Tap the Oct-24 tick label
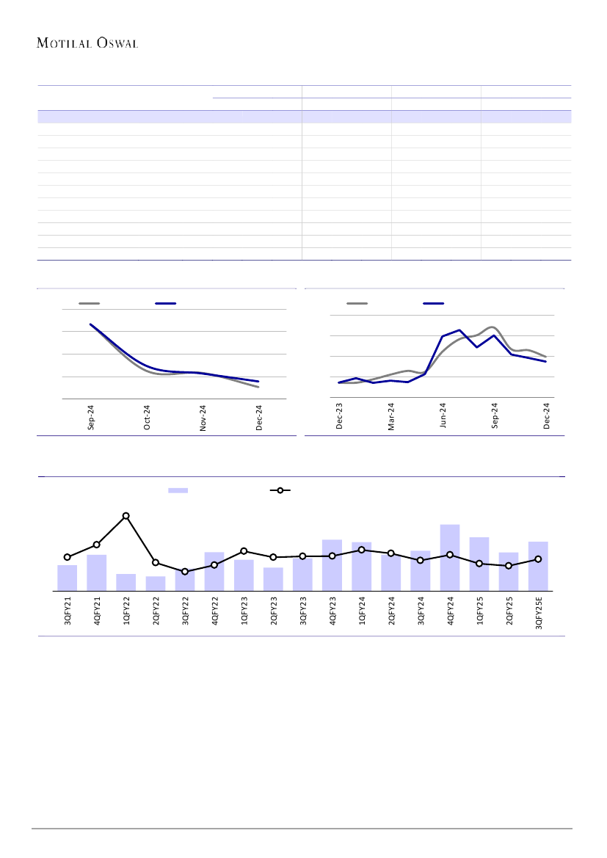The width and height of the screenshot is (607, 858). click(x=148, y=418)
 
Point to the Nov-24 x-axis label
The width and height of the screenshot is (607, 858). click(x=203, y=418)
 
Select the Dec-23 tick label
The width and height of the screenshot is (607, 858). click(x=340, y=415)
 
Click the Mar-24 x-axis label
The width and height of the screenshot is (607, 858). click(x=392, y=416)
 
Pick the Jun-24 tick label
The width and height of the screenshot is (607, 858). click(x=444, y=415)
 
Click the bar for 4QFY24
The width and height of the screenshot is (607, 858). click(x=450, y=558)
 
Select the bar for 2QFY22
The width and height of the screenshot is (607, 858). click(x=156, y=583)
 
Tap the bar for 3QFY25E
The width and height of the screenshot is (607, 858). click(x=538, y=566)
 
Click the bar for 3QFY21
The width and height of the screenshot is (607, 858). click(x=68, y=578)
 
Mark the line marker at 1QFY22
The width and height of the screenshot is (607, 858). click(x=126, y=516)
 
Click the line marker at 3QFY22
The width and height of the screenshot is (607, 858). click(x=185, y=571)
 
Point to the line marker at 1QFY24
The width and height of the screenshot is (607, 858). click(x=362, y=550)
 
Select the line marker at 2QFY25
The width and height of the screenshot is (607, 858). click(x=509, y=566)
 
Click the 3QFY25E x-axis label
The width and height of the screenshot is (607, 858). click(x=538, y=613)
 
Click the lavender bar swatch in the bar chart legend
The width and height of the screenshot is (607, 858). click(x=178, y=490)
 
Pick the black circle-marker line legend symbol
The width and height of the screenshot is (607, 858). click(x=280, y=490)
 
